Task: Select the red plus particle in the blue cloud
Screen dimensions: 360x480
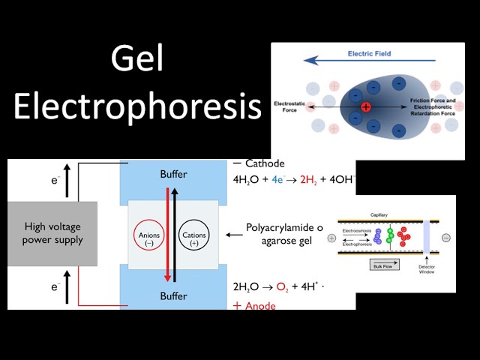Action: click(365, 107)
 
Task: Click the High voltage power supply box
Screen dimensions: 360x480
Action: click(52, 234)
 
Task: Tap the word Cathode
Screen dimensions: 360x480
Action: click(265, 163)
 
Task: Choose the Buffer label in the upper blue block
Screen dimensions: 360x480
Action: click(174, 175)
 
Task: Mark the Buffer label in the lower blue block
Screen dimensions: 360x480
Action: click(174, 296)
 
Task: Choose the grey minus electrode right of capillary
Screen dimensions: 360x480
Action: click(446, 238)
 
